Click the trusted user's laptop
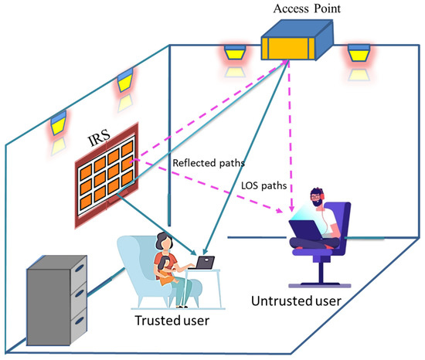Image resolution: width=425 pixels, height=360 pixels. (204, 263)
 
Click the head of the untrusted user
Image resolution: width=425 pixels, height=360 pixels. (317, 200)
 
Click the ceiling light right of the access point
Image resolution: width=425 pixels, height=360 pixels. (357, 56)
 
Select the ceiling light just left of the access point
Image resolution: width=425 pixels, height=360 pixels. (233, 56)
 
